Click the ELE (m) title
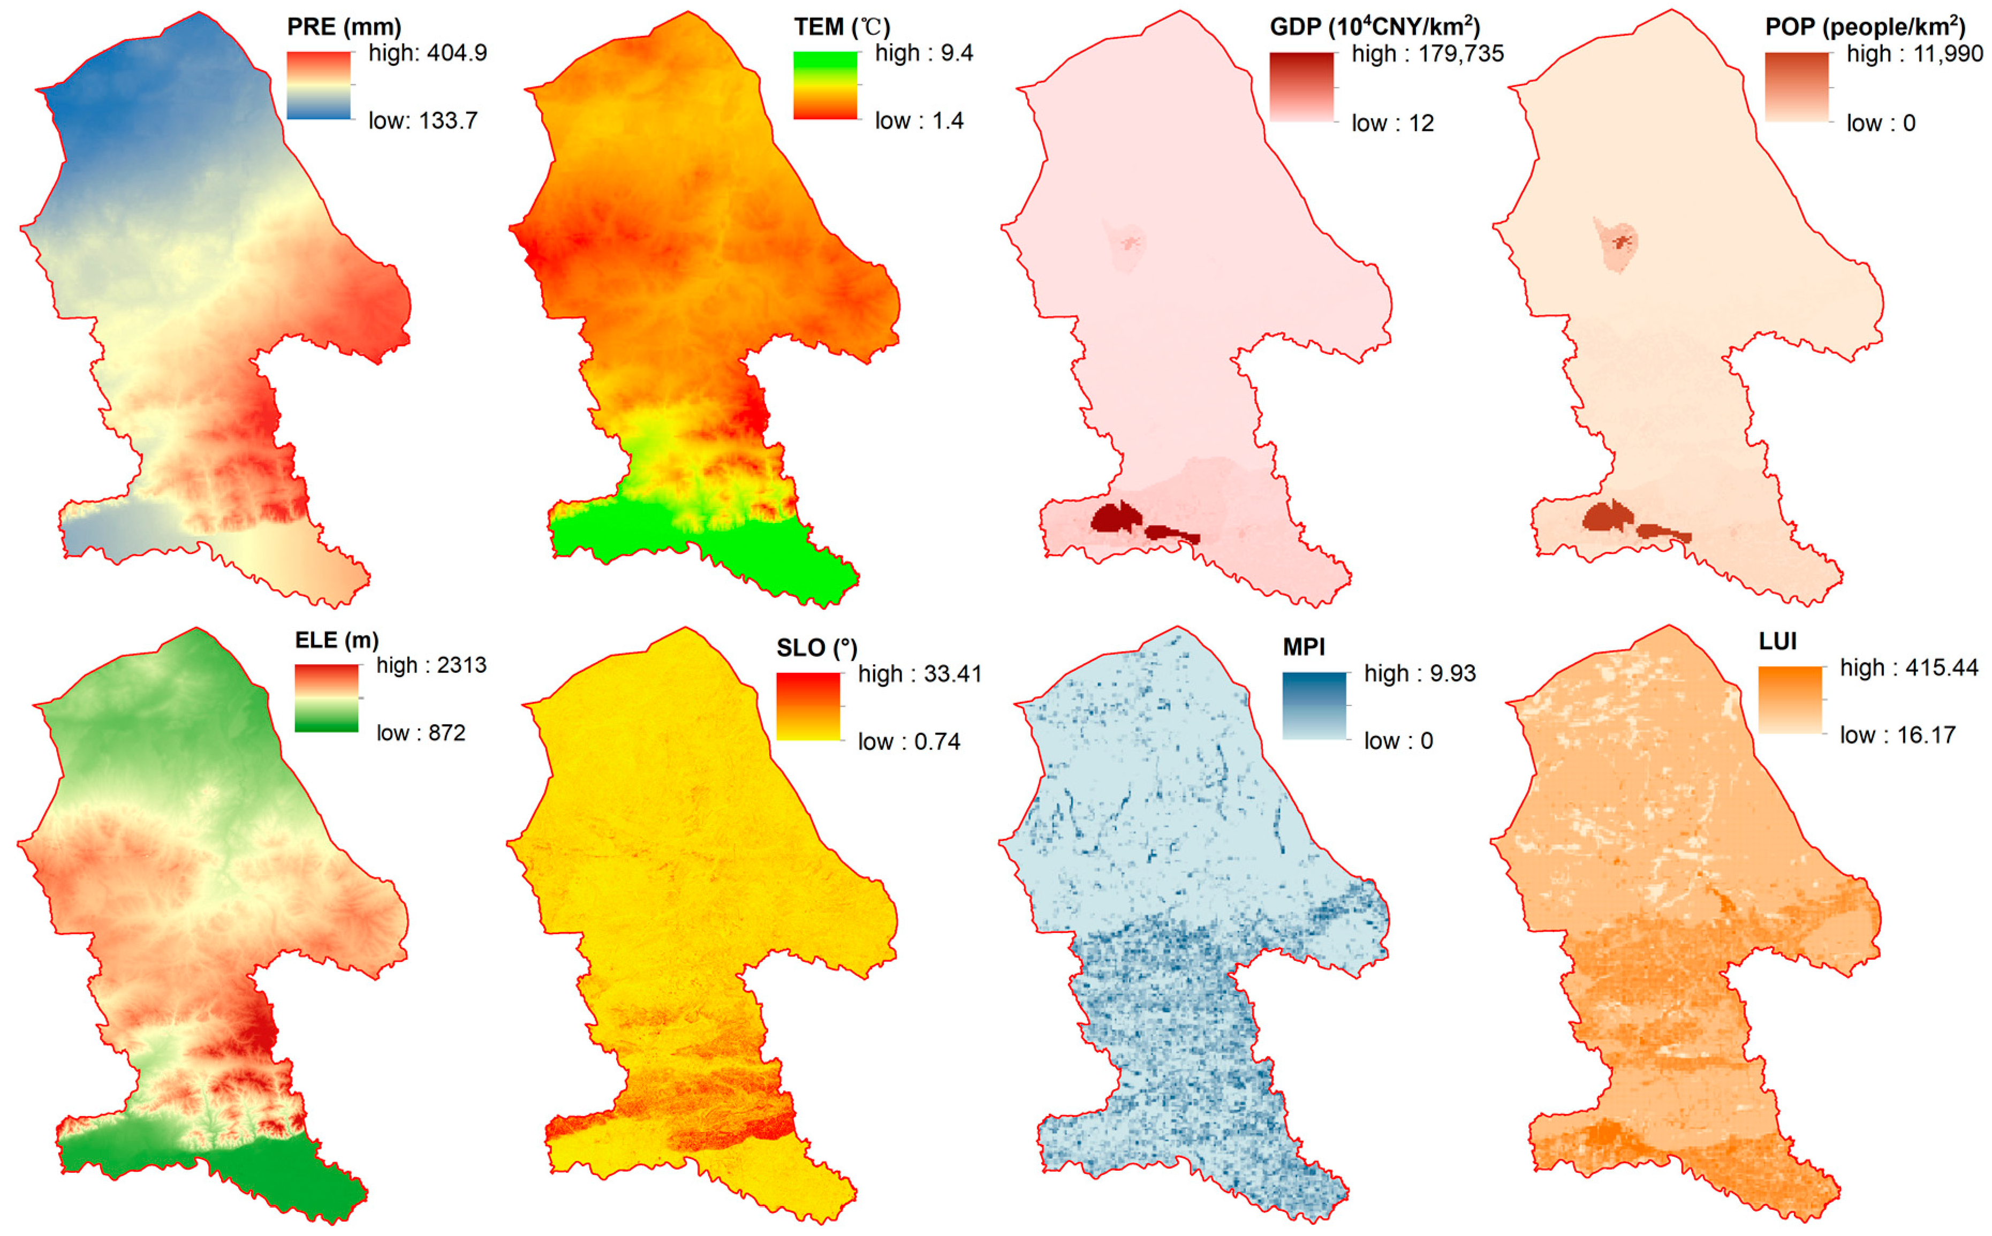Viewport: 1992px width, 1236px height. pos(336,640)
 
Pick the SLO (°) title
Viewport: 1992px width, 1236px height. pos(816,648)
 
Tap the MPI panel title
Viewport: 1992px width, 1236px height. pos(1303,647)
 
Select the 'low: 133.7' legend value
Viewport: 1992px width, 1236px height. pos(422,121)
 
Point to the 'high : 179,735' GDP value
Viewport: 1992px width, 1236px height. pos(1426,54)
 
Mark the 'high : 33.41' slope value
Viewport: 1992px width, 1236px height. pos(919,674)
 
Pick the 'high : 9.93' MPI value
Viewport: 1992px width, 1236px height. pos(1419,673)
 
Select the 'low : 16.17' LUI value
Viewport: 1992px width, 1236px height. pos(1896,735)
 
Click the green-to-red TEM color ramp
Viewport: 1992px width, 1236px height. pos(825,86)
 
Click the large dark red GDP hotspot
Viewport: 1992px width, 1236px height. pos(1115,518)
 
